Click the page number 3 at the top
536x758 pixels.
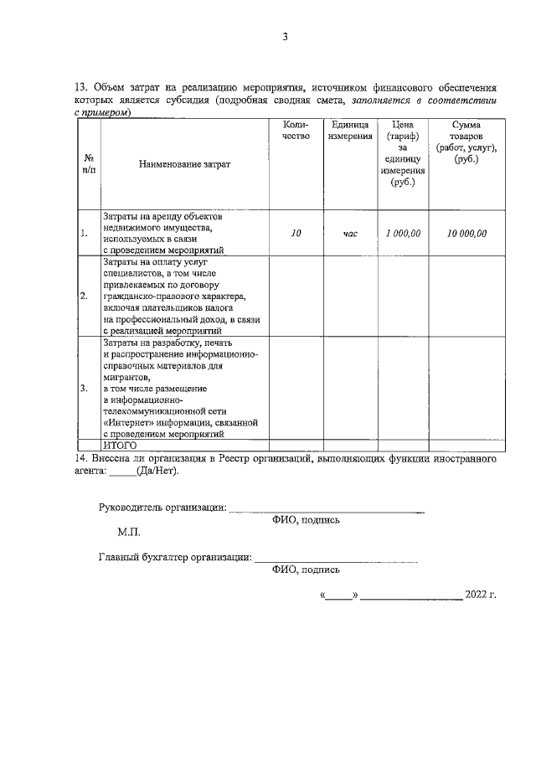coord(285,36)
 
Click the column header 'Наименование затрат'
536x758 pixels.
coord(184,164)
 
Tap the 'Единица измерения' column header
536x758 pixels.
coord(350,130)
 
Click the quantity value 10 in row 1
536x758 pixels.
coord(296,234)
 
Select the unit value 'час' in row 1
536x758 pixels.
coord(350,234)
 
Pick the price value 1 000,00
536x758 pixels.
coord(403,234)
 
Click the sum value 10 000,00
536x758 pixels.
coord(466,234)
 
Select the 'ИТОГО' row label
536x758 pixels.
coord(120,446)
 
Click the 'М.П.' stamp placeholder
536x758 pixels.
coord(129,532)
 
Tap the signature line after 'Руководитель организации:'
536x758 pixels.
coord(326,510)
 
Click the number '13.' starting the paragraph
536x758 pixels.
coord(81,87)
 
